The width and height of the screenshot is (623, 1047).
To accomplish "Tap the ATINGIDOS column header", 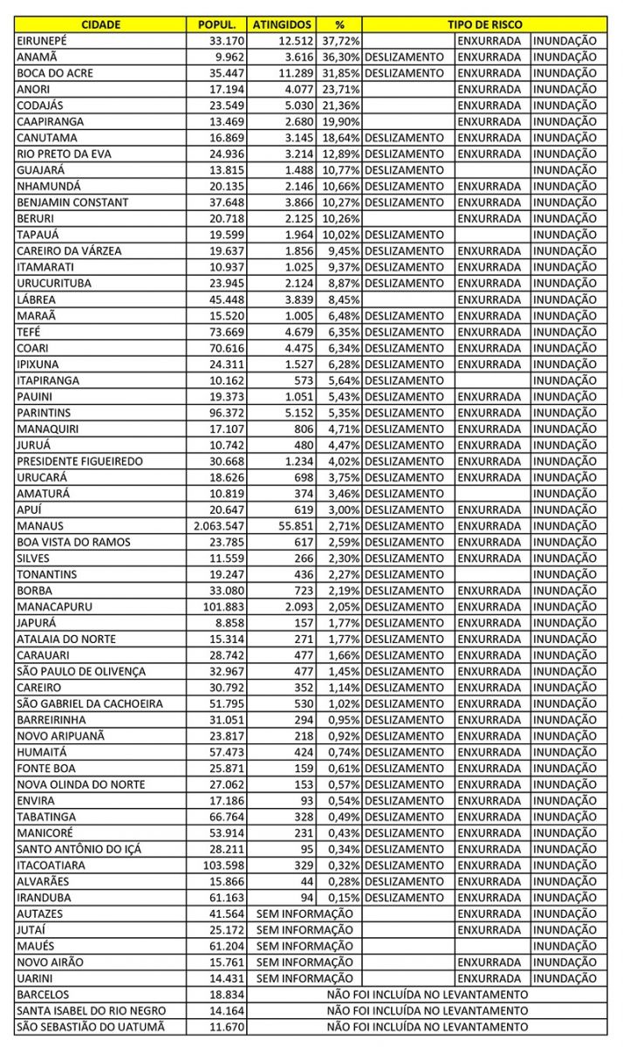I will click(280, 24).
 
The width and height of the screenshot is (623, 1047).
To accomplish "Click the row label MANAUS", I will click(40, 525).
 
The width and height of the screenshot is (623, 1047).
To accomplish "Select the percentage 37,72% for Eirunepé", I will click(339, 40).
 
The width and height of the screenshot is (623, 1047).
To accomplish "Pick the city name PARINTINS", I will click(44, 412).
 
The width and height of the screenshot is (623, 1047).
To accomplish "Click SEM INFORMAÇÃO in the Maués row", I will click(305, 946).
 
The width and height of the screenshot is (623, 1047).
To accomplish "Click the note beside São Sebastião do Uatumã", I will click(427, 1026).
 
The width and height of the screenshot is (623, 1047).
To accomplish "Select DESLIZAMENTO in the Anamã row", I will click(405, 57).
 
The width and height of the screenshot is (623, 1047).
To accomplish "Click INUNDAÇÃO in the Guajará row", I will click(564, 170).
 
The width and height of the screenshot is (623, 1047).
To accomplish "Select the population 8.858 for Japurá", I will click(228, 623).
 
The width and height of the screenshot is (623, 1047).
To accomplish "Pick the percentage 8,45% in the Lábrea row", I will click(344, 299).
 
